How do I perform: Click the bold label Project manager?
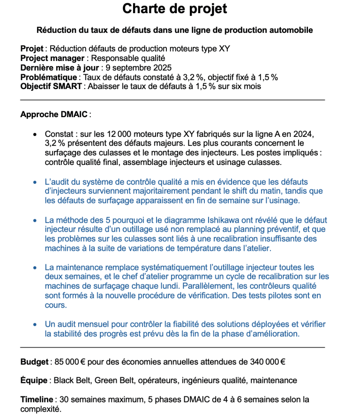point(52,59)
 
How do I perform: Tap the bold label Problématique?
point(48,77)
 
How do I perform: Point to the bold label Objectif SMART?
point(52,87)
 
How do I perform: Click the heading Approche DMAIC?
point(54,115)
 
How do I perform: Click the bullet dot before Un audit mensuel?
point(35,324)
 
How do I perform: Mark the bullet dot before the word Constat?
point(35,135)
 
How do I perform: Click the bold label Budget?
point(35,362)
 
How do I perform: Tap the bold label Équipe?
point(34,381)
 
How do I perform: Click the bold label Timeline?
point(37,400)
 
